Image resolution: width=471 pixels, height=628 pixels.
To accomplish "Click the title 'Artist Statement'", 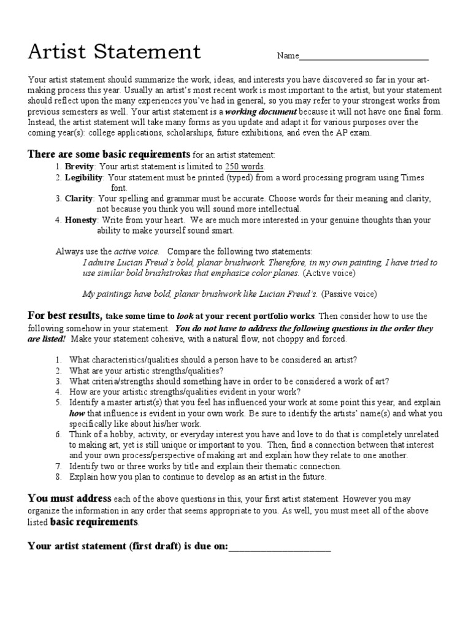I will pyautogui.click(x=114, y=52).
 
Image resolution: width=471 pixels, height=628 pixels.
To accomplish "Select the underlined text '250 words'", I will pyautogui.click(x=245, y=166).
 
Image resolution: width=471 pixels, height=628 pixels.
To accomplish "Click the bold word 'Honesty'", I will pyautogui.click(x=81, y=220).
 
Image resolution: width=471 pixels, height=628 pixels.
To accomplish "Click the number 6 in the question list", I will pyautogui.click(x=58, y=434).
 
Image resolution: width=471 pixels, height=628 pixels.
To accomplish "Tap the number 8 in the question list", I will pyautogui.click(x=58, y=476).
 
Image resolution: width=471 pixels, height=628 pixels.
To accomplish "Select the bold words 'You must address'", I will pyautogui.click(x=69, y=498).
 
